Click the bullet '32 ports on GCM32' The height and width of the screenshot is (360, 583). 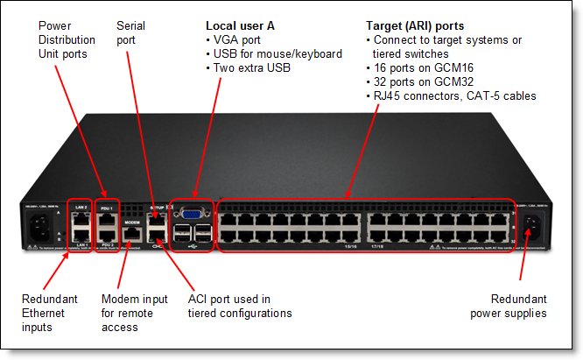pos(429,82)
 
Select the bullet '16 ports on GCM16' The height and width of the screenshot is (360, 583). pos(429,68)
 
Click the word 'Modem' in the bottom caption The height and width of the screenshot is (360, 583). pos(120,299)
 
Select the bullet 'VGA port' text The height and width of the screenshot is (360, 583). pos(241,40)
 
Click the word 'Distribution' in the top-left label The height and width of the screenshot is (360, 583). pos(68,40)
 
